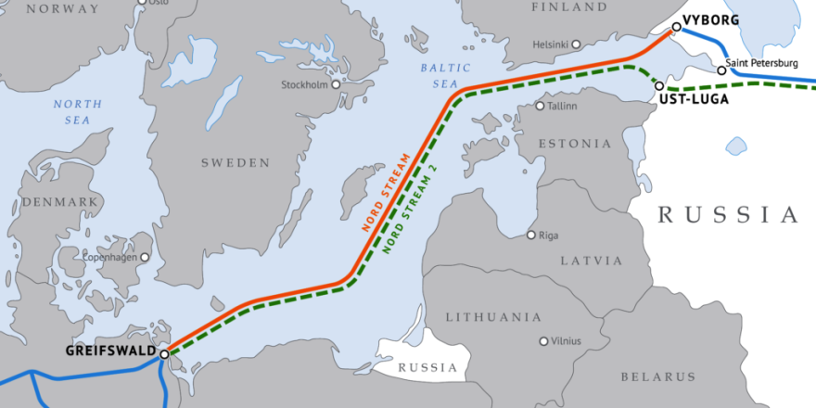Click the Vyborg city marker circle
point(676,27)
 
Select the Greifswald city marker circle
point(164,353)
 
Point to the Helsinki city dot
point(576,44)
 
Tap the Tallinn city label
point(563,106)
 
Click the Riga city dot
point(531,235)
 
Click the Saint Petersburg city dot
point(720,70)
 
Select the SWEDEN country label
point(236,163)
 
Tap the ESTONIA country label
point(575,144)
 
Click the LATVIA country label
point(591,261)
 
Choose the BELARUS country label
point(658,376)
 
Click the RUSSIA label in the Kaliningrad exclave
point(427,368)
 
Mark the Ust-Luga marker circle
point(659,85)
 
